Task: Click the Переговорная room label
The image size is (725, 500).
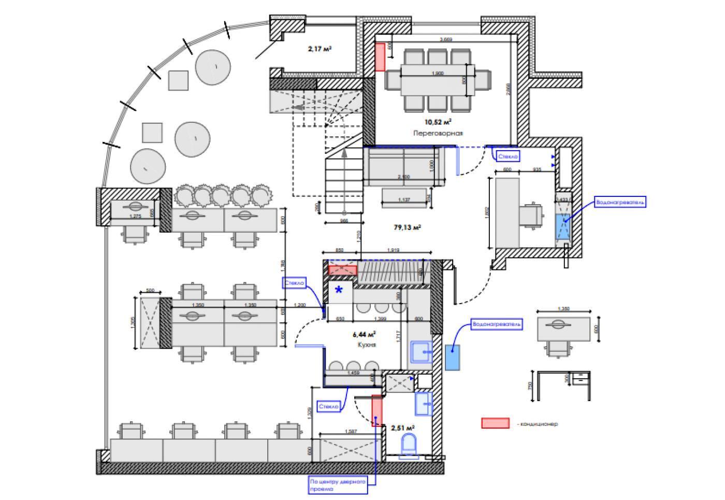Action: [x=438, y=133]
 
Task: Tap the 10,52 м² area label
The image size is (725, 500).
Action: [x=438, y=122]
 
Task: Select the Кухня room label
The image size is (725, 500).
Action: [x=366, y=344]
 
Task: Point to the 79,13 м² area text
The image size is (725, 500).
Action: [x=407, y=227]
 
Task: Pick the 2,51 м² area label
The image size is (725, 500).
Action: [x=402, y=428]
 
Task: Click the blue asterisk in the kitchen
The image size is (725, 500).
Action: [x=339, y=291]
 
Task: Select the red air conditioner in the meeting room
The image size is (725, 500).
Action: [x=380, y=57]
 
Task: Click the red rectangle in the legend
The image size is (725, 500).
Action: [x=495, y=423]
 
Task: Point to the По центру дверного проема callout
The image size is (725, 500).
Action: [x=337, y=485]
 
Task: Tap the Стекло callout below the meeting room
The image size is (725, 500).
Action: [x=507, y=155]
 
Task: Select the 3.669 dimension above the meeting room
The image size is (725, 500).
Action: [x=446, y=40]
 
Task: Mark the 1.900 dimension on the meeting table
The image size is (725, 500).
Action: [x=438, y=74]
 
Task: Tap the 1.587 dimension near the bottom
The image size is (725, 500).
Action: [x=352, y=432]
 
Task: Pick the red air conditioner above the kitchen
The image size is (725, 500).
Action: [x=343, y=269]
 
